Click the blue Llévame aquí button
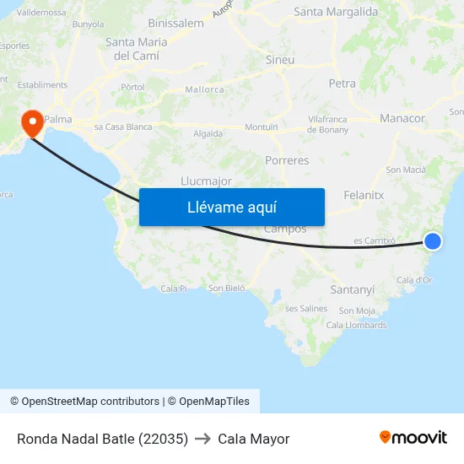click(x=232, y=207)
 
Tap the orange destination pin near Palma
click(x=33, y=124)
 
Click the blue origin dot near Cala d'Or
click(x=432, y=241)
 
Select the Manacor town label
click(x=402, y=118)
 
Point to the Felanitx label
click(x=364, y=195)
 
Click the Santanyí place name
click(x=352, y=289)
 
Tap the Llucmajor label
click(x=206, y=181)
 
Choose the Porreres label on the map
click(x=287, y=160)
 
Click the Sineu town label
click(x=280, y=60)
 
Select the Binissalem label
click(x=175, y=24)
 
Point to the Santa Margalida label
click(x=336, y=12)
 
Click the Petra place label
click(x=342, y=84)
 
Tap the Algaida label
click(x=208, y=133)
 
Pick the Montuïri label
click(x=261, y=127)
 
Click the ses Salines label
click(x=305, y=308)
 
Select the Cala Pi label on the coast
click(x=173, y=289)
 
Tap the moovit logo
click(x=413, y=437)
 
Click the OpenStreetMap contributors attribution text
click(x=84, y=402)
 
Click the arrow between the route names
click(x=202, y=439)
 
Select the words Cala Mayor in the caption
click(x=253, y=439)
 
